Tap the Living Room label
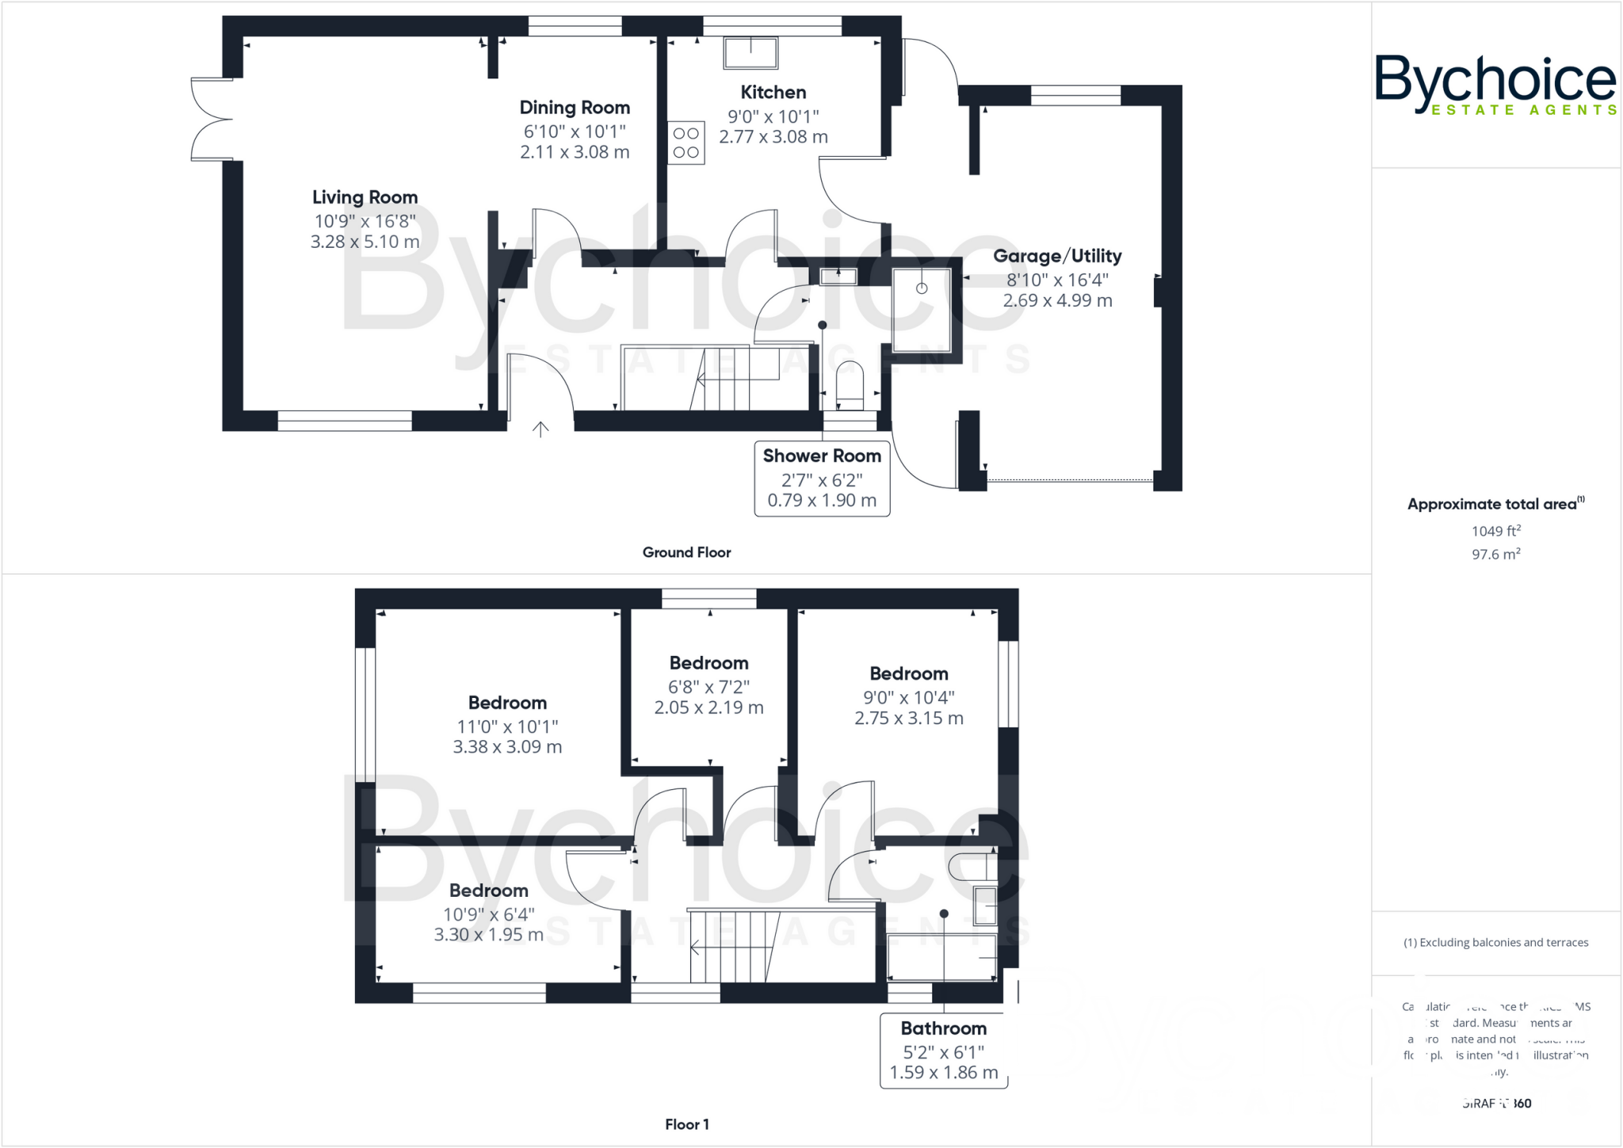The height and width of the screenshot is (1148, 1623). [365, 197]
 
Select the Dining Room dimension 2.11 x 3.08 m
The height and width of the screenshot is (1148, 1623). [575, 152]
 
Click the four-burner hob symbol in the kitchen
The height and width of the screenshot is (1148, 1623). [686, 143]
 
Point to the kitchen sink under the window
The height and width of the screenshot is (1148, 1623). [750, 53]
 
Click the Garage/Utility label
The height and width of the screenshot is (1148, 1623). [1057, 256]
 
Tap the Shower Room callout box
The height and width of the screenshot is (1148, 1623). [822, 478]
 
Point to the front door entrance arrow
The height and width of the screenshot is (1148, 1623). [540, 429]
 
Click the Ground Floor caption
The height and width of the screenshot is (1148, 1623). [686, 552]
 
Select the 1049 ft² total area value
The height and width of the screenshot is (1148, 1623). [1495, 531]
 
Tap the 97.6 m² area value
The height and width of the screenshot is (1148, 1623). [1495, 555]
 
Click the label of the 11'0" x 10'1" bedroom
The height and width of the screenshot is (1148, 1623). [507, 703]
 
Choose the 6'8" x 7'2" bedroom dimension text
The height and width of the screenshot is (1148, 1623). [708, 687]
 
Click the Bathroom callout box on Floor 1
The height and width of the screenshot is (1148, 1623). [943, 1051]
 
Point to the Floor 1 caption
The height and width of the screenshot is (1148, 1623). [686, 1124]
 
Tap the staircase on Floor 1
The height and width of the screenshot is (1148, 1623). [733, 947]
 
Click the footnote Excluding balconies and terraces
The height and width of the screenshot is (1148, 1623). [1495, 943]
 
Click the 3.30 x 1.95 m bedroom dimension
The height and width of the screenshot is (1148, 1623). [488, 935]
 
